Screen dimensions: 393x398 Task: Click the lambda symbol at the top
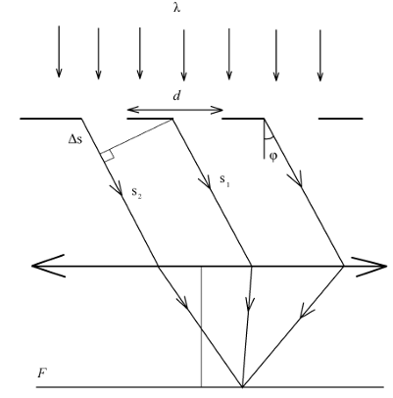[176, 7]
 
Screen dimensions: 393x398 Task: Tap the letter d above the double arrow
[176, 96]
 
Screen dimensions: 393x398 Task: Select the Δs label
[75, 139]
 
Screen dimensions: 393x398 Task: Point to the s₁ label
[224, 180]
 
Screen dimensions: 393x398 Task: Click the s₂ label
[136, 193]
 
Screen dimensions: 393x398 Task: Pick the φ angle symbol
[273, 157]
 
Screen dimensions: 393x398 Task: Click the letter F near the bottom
[41, 373]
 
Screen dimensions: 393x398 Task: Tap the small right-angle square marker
[108, 155]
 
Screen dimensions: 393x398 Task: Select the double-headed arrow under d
[174, 110]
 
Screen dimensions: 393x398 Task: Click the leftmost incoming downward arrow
[59, 52]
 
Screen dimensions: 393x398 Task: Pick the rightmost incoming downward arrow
[320, 55]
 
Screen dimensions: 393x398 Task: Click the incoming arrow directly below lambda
[184, 55]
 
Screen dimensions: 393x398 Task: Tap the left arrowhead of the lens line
[48, 266]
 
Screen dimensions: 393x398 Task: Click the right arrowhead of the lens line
[369, 267]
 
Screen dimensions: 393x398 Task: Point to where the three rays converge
[242, 387]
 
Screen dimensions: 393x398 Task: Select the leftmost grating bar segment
[51, 119]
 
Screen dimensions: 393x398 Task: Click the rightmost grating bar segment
[341, 119]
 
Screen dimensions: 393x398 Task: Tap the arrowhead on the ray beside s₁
[205, 182]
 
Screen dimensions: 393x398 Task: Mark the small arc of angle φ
[269, 138]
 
